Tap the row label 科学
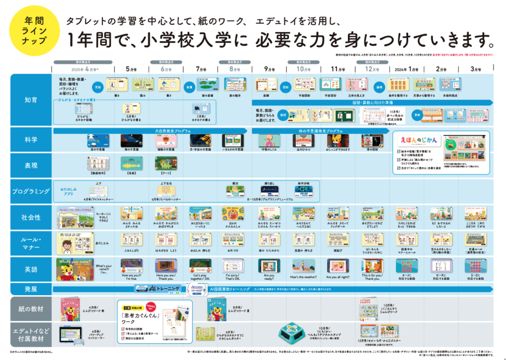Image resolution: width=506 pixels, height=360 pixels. click(31, 140)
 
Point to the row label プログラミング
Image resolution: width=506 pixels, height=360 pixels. click(31, 190)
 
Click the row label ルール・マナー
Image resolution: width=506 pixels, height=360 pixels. click(31, 242)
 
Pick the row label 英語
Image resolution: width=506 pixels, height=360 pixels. click(31, 270)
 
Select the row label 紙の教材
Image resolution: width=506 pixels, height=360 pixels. click(31, 309)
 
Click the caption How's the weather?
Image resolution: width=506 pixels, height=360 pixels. click(301, 277)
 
